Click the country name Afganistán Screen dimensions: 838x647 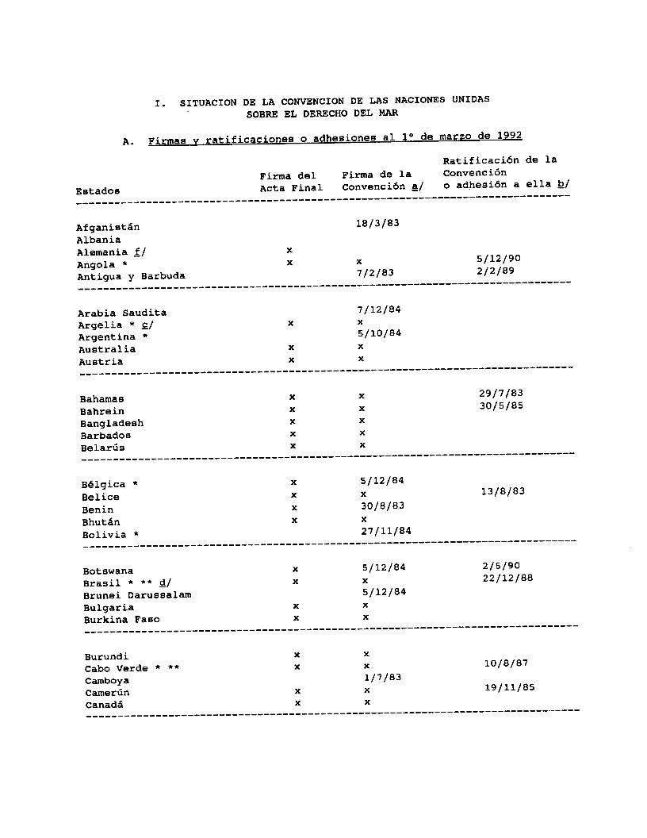tap(108, 228)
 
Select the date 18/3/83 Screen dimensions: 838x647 tap(377, 224)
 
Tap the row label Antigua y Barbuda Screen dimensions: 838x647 tap(131, 277)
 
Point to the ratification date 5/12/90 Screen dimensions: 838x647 tap(499, 259)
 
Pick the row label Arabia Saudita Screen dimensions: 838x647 tap(122, 313)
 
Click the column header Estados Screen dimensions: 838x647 tap(98, 191)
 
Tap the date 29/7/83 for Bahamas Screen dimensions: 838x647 tap(501, 394)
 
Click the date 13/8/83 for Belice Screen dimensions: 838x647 tap(503, 491)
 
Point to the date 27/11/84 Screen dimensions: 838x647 tap(386, 531)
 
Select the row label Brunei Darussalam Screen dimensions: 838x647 tap(137, 595)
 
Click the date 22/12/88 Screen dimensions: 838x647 tap(507, 578)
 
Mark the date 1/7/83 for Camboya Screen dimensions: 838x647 tap(382, 678)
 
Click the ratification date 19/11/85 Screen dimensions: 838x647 tap(509, 688)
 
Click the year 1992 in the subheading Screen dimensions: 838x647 tap(506, 136)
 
